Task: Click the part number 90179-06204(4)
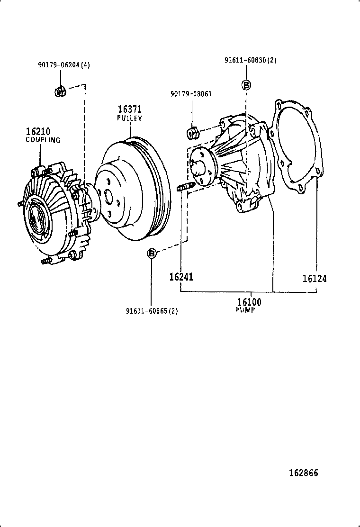click(x=63, y=65)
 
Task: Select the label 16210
click(x=38, y=132)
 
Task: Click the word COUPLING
click(x=43, y=140)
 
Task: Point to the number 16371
click(x=130, y=109)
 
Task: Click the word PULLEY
click(x=130, y=118)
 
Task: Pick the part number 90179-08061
click(x=191, y=94)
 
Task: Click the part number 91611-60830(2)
click(x=250, y=60)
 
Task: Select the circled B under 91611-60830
click(x=247, y=85)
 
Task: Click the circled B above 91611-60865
click(x=151, y=254)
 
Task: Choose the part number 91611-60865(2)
click(x=152, y=311)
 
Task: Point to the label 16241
click(x=181, y=277)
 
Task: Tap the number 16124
click(x=315, y=279)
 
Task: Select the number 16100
click(x=249, y=302)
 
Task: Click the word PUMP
click(x=245, y=310)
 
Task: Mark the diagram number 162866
click(x=304, y=473)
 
